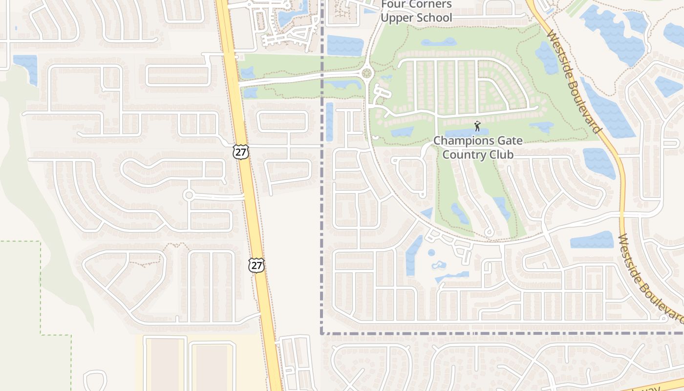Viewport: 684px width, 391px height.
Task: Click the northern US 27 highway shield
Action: (x=241, y=152)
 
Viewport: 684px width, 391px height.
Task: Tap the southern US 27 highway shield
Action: (x=256, y=265)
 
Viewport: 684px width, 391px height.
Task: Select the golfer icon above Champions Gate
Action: (x=477, y=126)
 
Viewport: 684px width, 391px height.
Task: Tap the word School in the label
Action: (x=434, y=18)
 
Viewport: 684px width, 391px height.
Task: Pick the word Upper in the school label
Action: (x=397, y=18)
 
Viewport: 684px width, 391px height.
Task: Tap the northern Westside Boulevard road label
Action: (x=575, y=82)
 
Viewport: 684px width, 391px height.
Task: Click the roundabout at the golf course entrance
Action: (x=367, y=74)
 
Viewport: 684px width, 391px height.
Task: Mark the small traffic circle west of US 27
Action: (x=189, y=195)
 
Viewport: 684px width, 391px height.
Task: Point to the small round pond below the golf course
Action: (x=431, y=253)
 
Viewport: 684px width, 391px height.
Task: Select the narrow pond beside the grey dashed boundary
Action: (x=329, y=122)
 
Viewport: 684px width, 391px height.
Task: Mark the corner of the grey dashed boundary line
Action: (x=322, y=333)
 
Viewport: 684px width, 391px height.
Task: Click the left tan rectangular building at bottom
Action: (x=165, y=364)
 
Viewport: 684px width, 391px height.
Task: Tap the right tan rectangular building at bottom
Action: (x=211, y=367)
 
